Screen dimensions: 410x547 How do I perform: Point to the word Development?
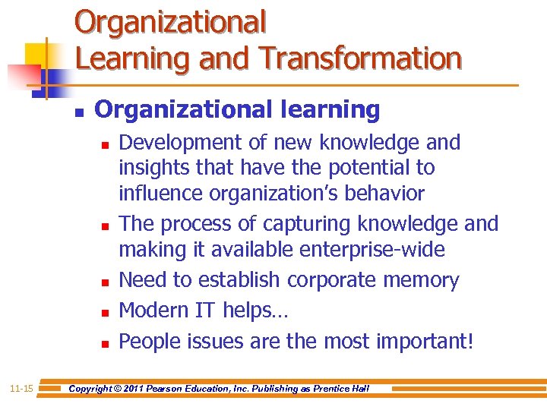(180, 143)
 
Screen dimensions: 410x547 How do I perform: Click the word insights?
(148, 167)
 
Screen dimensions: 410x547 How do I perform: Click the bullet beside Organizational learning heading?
(78, 111)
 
